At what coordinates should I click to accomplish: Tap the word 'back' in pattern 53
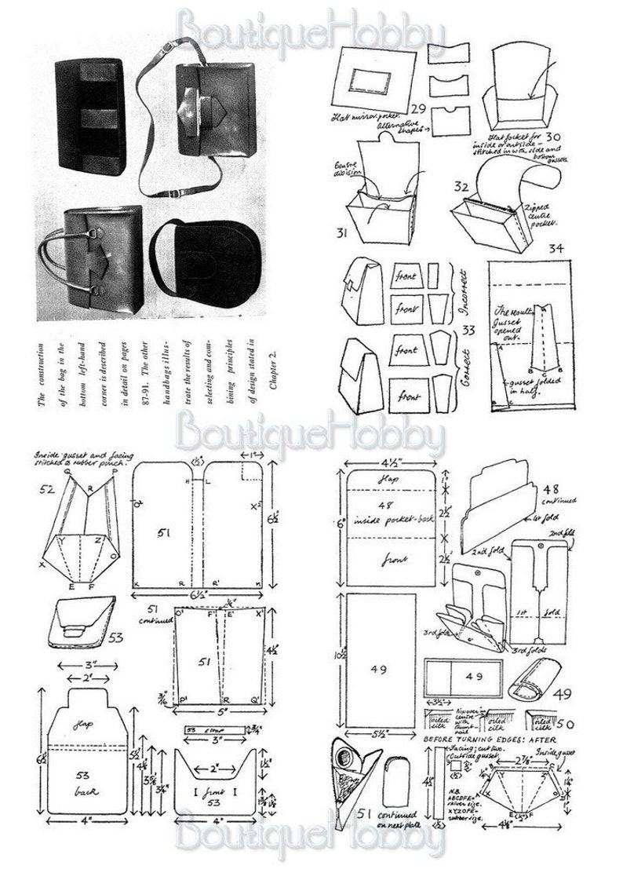(x=84, y=787)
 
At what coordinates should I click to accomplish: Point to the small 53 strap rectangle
(x=202, y=729)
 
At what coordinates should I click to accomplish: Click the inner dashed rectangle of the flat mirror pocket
(x=372, y=82)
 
